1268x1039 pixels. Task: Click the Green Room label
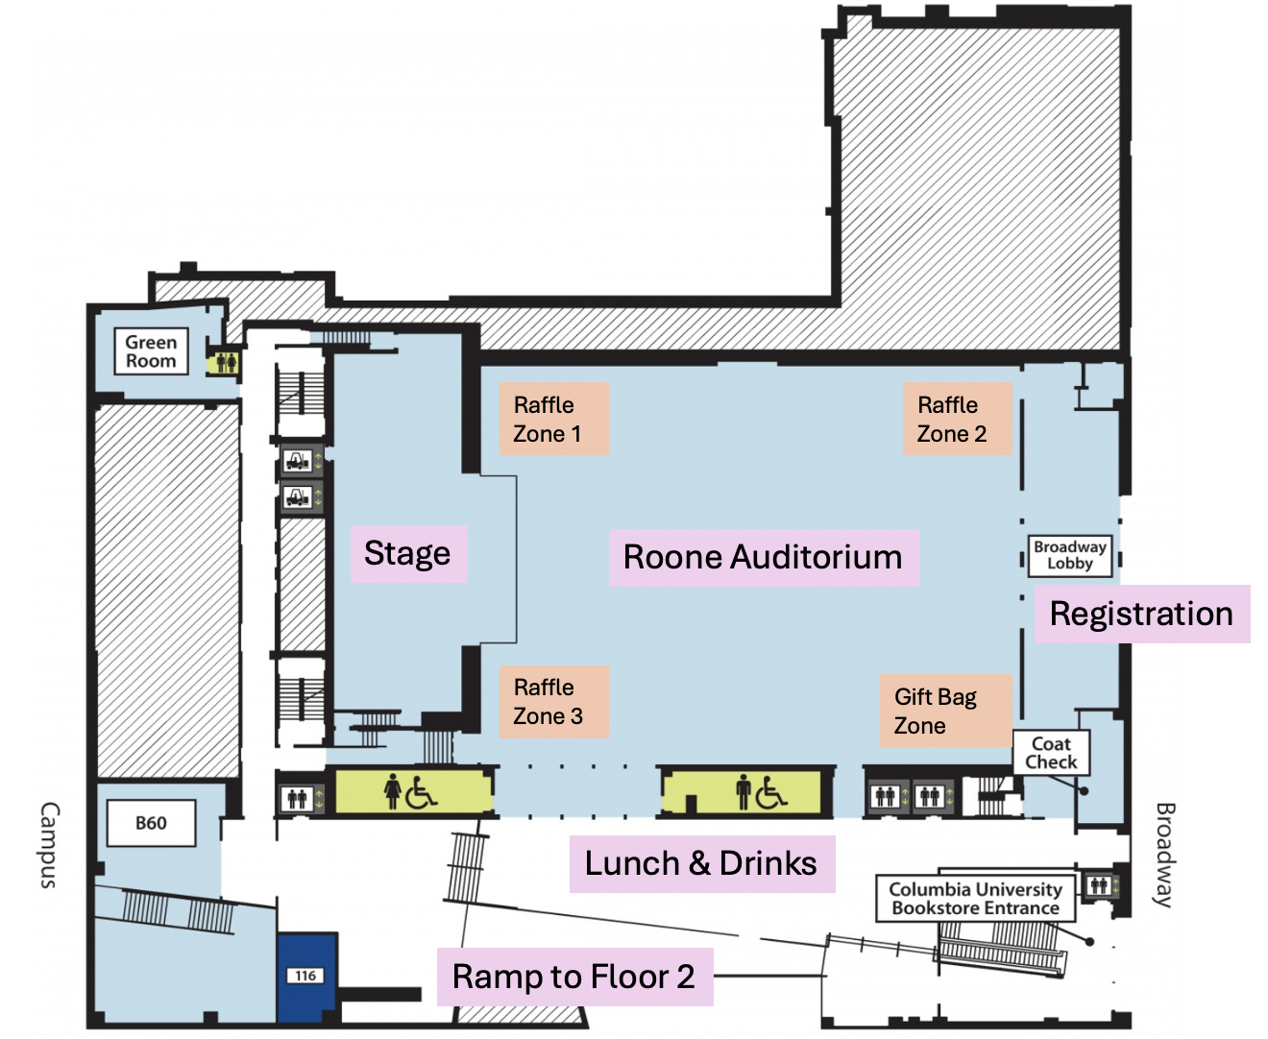click(x=151, y=351)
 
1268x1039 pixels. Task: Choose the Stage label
click(x=408, y=554)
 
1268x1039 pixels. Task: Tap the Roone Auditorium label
click(x=763, y=557)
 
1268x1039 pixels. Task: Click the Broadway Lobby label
click(x=1070, y=555)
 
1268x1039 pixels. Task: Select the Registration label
click(x=1141, y=614)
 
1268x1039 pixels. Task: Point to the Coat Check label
click(x=1051, y=753)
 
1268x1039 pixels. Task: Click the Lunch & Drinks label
click(x=701, y=863)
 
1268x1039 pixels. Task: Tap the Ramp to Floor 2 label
click(x=574, y=977)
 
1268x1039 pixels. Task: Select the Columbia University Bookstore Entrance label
click(x=975, y=899)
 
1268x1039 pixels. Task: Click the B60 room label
click(x=151, y=823)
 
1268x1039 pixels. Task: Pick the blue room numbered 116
click(x=306, y=976)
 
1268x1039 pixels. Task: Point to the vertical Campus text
click(x=49, y=846)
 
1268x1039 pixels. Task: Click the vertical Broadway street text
click(x=1164, y=855)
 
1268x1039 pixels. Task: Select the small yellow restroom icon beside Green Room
click(x=226, y=363)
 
